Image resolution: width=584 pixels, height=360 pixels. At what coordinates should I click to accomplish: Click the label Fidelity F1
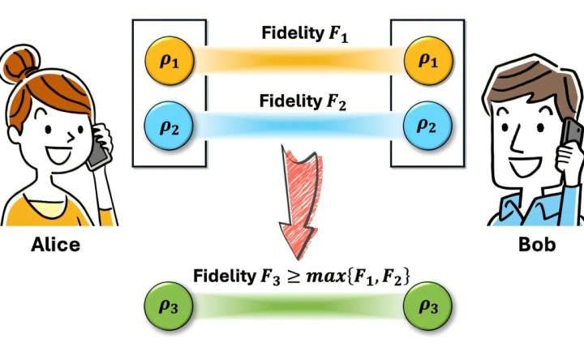click(x=299, y=34)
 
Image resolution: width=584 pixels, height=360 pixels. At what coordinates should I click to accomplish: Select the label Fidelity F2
click(x=298, y=101)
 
